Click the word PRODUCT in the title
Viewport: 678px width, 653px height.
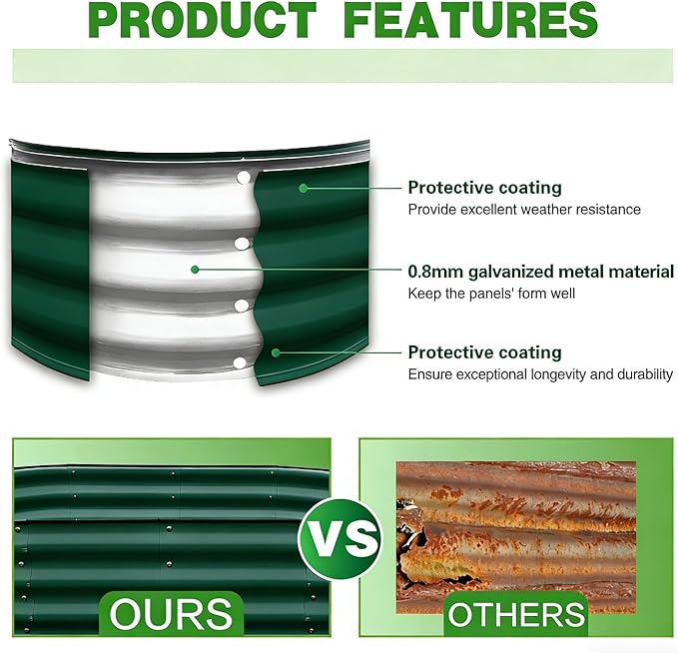tap(204, 20)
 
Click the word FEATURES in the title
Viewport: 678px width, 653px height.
tap(472, 20)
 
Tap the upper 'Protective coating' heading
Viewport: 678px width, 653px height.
tap(484, 188)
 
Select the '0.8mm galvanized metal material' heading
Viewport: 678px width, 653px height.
tap(541, 272)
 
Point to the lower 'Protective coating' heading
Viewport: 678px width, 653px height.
tap(484, 352)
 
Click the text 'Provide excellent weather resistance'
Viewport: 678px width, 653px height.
tap(524, 210)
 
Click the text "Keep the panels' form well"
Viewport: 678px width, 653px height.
tap(491, 294)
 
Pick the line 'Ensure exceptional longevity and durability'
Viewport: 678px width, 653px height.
tap(540, 374)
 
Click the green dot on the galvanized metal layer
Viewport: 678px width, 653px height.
tap(195, 270)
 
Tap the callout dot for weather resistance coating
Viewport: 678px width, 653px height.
tap(304, 188)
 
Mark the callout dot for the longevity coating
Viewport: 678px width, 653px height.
tap(276, 352)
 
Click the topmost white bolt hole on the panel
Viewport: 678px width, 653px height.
tap(244, 178)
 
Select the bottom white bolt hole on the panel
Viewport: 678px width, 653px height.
tap(239, 363)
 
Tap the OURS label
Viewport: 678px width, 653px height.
tap(171, 614)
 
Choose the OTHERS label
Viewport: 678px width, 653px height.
tap(516, 614)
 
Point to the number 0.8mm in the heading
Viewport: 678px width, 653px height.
tap(435, 272)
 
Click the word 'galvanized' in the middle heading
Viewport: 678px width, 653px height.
tap(510, 273)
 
